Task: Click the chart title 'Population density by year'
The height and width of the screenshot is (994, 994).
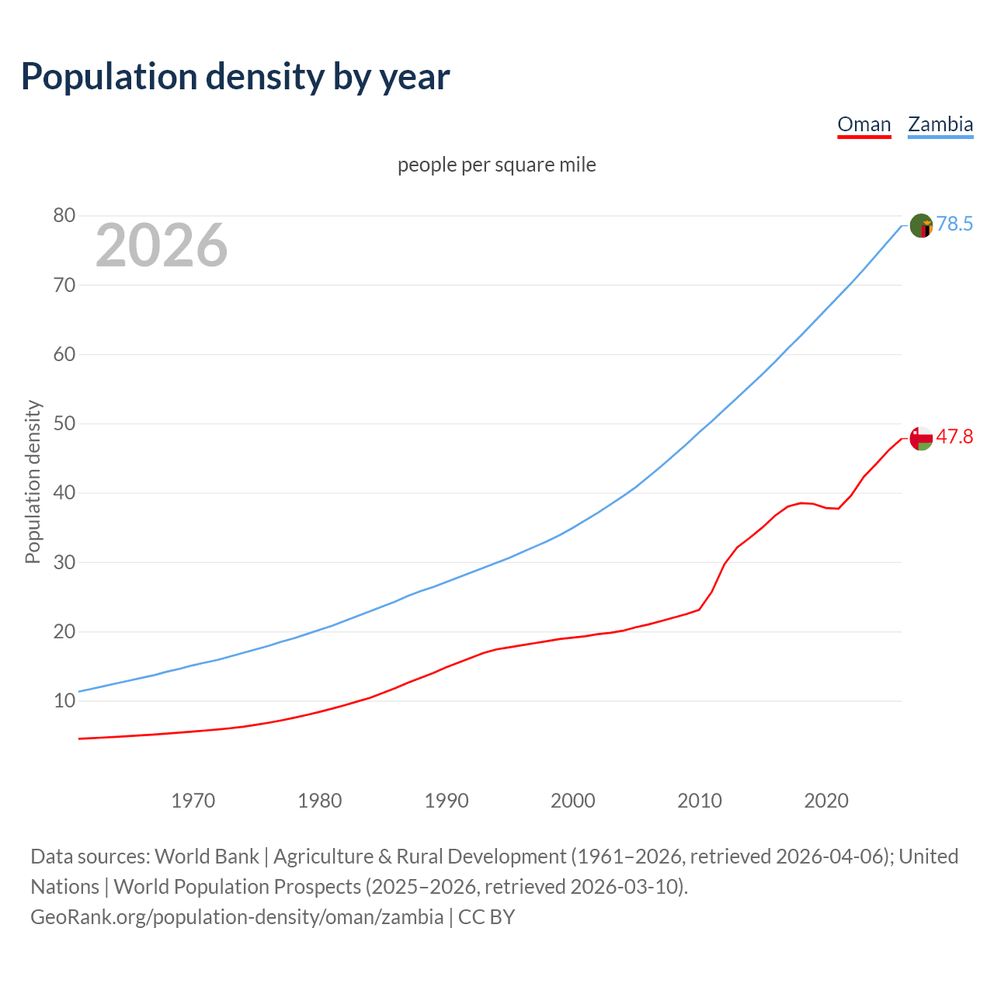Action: pyautogui.click(x=235, y=77)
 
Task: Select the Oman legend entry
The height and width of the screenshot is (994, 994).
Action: pyautogui.click(x=864, y=124)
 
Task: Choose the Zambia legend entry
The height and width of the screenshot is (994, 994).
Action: pyautogui.click(x=940, y=124)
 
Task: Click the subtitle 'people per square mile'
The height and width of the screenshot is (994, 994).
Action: pyautogui.click(x=497, y=165)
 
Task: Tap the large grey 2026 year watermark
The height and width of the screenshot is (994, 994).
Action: pyautogui.click(x=162, y=245)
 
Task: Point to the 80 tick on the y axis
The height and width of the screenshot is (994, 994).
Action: pyautogui.click(x=64, y=216)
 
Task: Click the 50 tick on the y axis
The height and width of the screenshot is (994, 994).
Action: pyautogui.click(x=64, y=424)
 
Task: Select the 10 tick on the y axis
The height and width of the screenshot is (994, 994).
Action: pyautogui.click(x=64, y=701)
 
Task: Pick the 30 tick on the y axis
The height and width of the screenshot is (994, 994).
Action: pyautogui.click(x=64, y=562)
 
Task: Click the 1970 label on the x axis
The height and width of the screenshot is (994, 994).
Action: pyautogui.click(x=193, y=801)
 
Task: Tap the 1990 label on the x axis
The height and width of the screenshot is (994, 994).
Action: pyautogui.click(x=447, y=801)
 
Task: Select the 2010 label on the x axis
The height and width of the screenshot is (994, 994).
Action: pyautogui.click(x=700, y=801)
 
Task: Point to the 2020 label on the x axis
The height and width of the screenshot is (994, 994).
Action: pyautogui.click(x=826, y=801)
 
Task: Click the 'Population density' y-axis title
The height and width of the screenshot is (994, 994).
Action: pyautogui.click(x=33, y=481)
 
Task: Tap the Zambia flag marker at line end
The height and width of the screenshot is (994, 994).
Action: pyautogui.click(x=921, y=226)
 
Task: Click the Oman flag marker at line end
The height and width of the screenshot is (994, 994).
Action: pyautogui.click(x=921, y=439)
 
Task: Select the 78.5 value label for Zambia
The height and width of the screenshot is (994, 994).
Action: pyautogui.click(x=954, y=224)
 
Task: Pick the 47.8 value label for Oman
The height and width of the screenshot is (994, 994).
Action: pyautogui.click(x=954, y=437)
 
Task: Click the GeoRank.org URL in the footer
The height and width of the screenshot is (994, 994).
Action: pyautogui.click(x=237, y=917)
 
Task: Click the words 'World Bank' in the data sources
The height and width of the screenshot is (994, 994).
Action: pyautogui.click(x=207, y=857)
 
